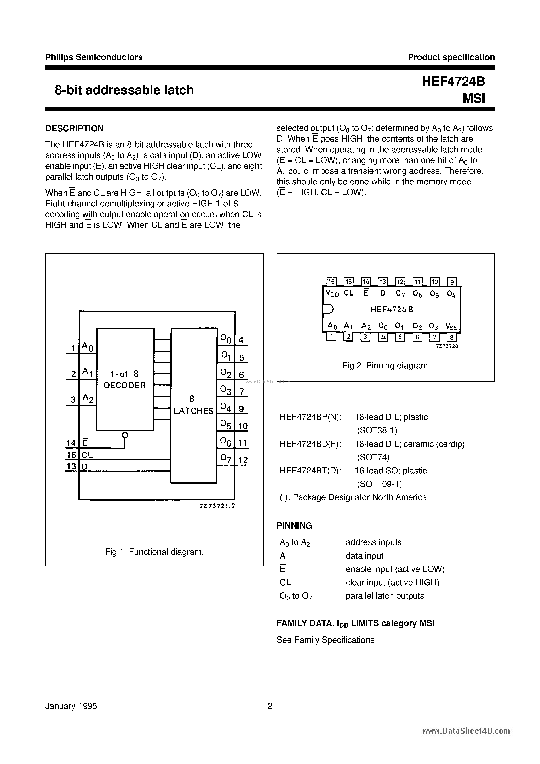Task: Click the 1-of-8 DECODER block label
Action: coord(125,380)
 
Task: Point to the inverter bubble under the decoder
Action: coord(125,435)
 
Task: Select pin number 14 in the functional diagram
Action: coord(71,443)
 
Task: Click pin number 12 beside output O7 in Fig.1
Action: coord(243,460)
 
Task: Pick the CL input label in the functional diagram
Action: coord(87,455)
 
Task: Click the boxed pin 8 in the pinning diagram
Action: coord(451,337)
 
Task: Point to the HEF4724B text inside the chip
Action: coord(392,309)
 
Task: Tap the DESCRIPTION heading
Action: coord(74,129)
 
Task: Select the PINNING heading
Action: coord(294,526)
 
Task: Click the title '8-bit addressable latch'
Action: coord(124,90)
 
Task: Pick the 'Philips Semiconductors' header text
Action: coord(94,57)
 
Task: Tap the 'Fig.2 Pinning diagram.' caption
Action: coord(386,366)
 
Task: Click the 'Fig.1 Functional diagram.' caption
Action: coord(154,552)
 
